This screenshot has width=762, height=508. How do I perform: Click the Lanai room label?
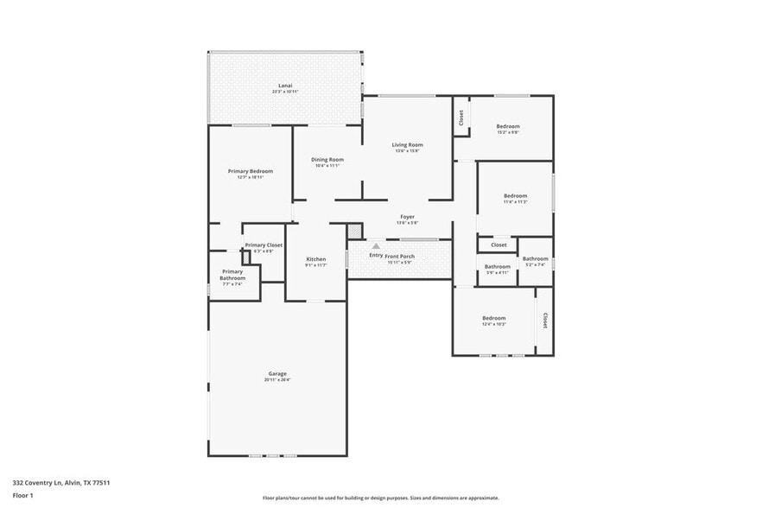click(x=284, y=86)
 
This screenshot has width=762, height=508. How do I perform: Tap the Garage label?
click(x=276, y=374)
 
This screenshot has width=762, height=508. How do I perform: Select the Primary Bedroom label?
click(x=250, y=171)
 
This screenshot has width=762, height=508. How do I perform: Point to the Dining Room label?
click(x=327, y=159)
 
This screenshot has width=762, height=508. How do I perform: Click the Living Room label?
click(x=407, y=144)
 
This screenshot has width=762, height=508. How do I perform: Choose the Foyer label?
click(x=407, y=217)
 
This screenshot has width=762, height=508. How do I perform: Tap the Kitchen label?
click(x=316, y=259)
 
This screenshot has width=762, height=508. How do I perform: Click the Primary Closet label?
click(x=264, y=245)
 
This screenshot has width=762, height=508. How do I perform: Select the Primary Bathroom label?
click(x=232, y=275)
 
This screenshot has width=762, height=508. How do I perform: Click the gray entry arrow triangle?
click(x=376, y=246)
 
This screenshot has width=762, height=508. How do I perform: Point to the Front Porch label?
click(x=400, y=256)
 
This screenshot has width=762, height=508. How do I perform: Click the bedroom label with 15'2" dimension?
click(x=507, y=126)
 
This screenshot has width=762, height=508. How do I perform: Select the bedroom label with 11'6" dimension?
click(x=515, y=196)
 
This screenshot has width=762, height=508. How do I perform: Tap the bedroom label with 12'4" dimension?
click(x=493, y=319)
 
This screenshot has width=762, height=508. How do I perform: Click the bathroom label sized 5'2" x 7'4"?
click(x=535, y=259)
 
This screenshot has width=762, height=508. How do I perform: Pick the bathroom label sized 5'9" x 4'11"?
click(x=496, y=267)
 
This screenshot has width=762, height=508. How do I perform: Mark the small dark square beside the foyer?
click(x=354, y=231)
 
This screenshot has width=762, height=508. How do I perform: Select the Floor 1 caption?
click(x=22, y=495)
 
